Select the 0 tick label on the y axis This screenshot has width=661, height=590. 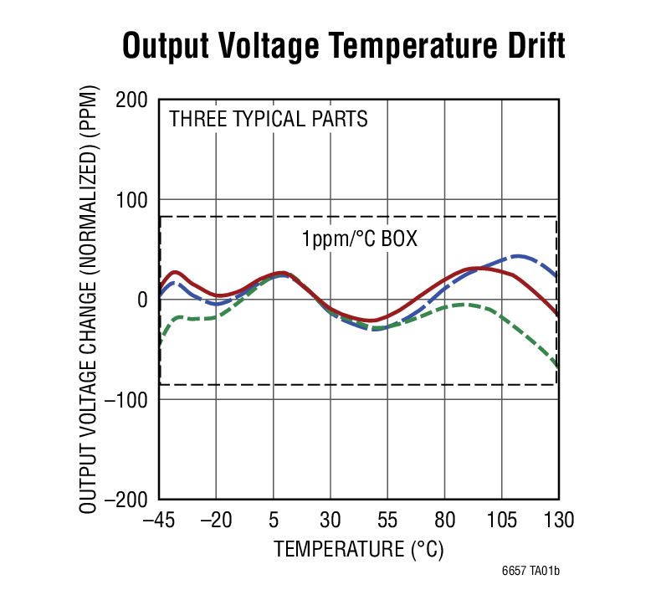pos(142,300)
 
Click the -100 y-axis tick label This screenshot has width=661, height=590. pos(127,399)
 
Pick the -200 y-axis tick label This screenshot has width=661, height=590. pos(127,499)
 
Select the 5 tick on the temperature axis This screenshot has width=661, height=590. pos(273,520)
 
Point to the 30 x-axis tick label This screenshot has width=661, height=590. pos(330,520)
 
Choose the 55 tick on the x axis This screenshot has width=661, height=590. pos(387,520)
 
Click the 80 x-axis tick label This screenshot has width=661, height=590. pos(444,520)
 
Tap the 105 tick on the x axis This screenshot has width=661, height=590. pos(501,520)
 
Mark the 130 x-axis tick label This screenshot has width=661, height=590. pos(558,520)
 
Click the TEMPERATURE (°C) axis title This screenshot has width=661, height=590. pos(358,549)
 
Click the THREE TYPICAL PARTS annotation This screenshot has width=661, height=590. pos(268,119)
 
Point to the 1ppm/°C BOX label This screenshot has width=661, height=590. pos(360,239)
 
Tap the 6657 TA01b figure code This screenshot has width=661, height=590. pos(530,572)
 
